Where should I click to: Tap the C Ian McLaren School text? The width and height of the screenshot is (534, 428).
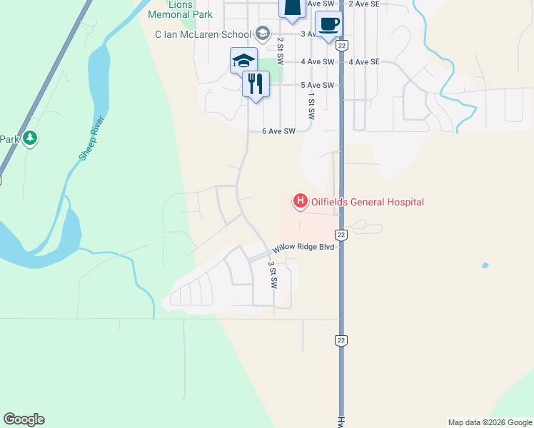pyautogui.click(x=203, y=34)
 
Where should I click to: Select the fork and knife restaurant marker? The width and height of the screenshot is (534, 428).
pyautogui.click(x=254, y=84)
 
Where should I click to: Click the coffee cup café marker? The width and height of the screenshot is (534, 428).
pyautogui.click(x=328, y=23)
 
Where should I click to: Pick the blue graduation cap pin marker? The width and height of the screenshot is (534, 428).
pyautogui.click(x=243, y=61)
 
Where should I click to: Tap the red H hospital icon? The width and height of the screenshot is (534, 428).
pyautogui.click(x=300, y=202)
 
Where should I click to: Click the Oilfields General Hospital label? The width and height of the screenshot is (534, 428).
pyautogui.click(x=368, y=202)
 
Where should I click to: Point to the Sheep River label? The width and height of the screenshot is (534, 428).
pyautogui.click(x=92, y=138)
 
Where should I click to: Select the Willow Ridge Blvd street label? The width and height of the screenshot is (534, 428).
pyautogui.click(x=303, y=249)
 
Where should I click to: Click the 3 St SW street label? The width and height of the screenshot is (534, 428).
pyautogui.click(x=272, y=274)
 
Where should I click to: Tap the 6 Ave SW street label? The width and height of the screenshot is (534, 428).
pyautogui.click(x=278, y=131)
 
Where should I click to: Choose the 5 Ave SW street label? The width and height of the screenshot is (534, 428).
pyautogui.click(x=318, y=86)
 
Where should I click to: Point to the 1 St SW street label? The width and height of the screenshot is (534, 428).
pyautogui.click(x=311, y=106)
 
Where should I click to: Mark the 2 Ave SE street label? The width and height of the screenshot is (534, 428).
pyautogui.click(x=364, y=4)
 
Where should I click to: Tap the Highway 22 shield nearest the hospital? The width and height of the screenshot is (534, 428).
pyautogui.click(x=341, y=235)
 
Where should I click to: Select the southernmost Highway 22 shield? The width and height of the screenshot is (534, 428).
pyautogui.click(x=341, y=341)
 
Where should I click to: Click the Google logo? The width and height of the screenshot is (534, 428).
pyautogui.click(x=24, y=419)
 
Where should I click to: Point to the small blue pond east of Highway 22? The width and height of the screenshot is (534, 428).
pyautogui.click(x=485, y=265)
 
